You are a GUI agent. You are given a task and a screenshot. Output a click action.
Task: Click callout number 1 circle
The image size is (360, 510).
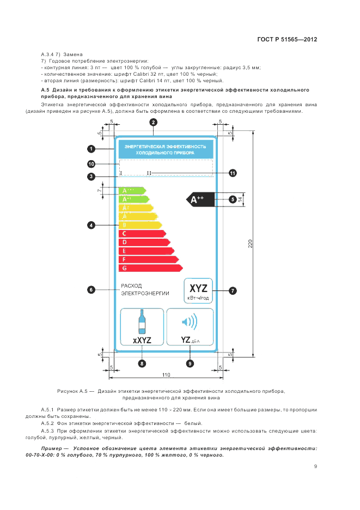91,148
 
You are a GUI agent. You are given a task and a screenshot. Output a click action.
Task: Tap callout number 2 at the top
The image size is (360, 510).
154,123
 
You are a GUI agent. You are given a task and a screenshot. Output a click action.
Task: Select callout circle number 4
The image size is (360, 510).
91,224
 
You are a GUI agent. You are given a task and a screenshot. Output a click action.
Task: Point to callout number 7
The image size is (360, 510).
233,291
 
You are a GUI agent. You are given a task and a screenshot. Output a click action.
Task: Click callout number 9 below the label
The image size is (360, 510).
190,362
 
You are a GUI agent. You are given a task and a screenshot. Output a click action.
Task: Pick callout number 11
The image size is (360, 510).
233,173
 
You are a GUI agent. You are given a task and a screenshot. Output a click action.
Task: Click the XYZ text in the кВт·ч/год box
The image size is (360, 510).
198,288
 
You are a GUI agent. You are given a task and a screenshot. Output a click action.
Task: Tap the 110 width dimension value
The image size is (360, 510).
167,375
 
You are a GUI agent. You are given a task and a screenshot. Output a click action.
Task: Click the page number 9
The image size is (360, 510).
315,466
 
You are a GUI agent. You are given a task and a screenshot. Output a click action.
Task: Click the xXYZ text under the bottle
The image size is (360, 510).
142,340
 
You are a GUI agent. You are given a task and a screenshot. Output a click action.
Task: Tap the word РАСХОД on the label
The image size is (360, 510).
131,286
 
